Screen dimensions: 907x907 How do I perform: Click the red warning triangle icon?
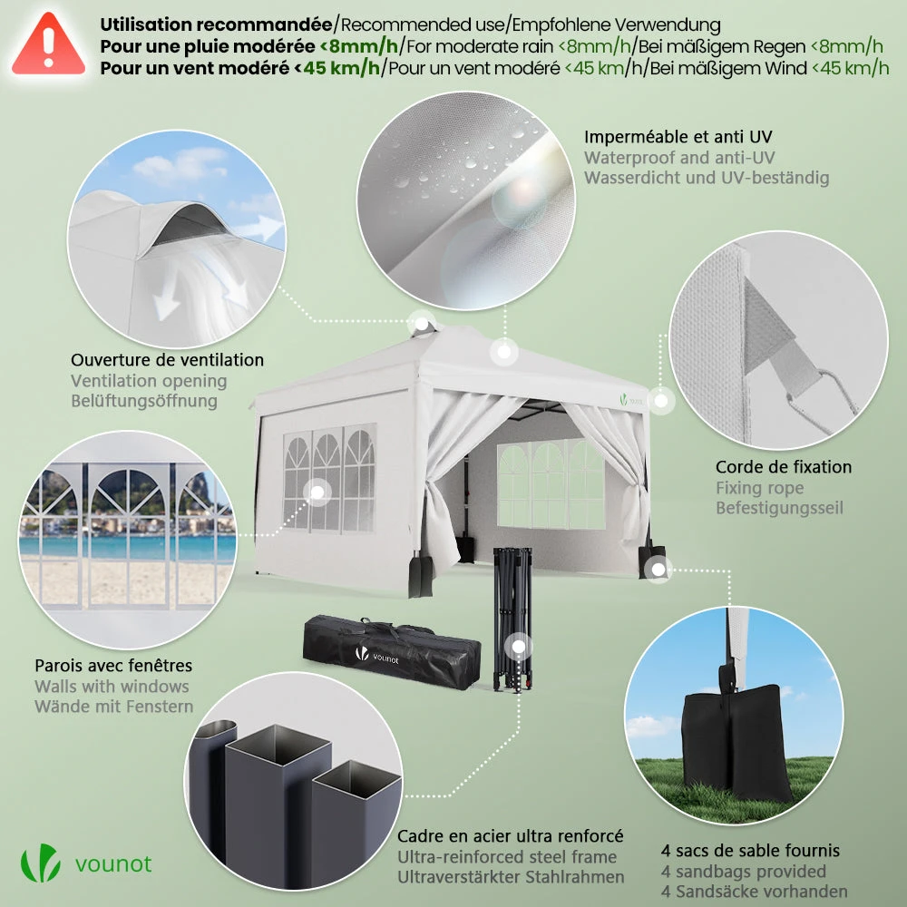point(49,45)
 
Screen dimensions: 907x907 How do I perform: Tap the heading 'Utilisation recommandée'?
point(217,24)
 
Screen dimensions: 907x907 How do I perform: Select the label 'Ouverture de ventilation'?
point(167,360)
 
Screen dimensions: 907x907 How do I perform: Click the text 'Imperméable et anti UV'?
point(678,137)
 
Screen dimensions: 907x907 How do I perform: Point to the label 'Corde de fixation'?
point(784,467)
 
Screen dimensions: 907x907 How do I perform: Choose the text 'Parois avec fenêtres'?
point(113,665)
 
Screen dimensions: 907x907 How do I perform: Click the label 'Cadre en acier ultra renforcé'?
point(510,836)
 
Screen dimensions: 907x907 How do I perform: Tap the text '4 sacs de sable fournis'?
point(750,851)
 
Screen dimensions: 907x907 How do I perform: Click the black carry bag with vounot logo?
point(391,652)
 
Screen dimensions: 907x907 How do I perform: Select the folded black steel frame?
point(512,619)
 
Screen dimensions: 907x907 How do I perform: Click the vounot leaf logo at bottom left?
point(41,863)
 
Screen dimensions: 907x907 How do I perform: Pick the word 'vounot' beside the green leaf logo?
point(113,864)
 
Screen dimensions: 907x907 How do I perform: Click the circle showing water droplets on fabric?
point(465,200)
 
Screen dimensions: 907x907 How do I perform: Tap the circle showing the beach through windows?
point(127,539)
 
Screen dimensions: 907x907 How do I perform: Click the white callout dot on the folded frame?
point(518,647)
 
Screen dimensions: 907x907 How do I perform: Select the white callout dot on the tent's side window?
point(317,493)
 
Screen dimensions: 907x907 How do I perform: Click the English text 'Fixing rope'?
point(759,488)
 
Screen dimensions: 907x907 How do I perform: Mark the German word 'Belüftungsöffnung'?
point(144,401)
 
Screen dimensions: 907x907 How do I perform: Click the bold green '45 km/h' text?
point(341,68)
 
